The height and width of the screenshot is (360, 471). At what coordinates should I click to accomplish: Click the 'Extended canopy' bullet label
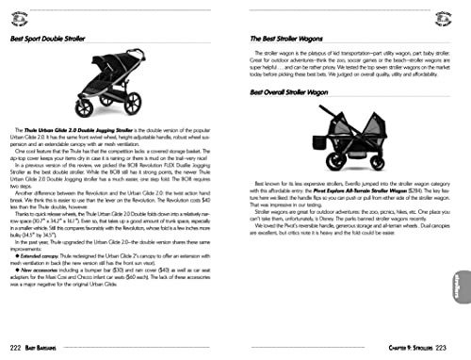pyautogui.click(x=42, y=280)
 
